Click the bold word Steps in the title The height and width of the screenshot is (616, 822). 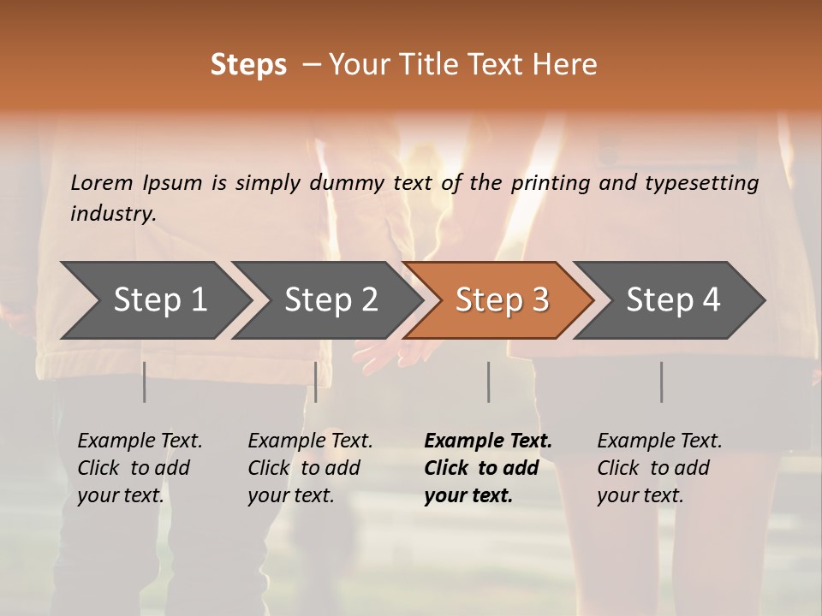tap(248, 65)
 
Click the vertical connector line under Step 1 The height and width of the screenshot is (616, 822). tap(145, 382)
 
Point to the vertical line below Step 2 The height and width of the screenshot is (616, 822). tap(316, 382)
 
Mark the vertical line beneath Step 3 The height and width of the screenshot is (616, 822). tap(489, 382)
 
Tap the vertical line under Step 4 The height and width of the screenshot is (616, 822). tap(661, 382)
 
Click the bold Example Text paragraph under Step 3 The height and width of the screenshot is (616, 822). tap(488, 468)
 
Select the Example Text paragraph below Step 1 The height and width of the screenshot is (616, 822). tap(140, 468)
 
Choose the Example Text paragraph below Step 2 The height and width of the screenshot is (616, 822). tap(310, 468)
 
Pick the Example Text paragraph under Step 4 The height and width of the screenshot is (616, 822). tap(659, 468)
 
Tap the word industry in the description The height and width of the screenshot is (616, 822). tap(112, 213)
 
